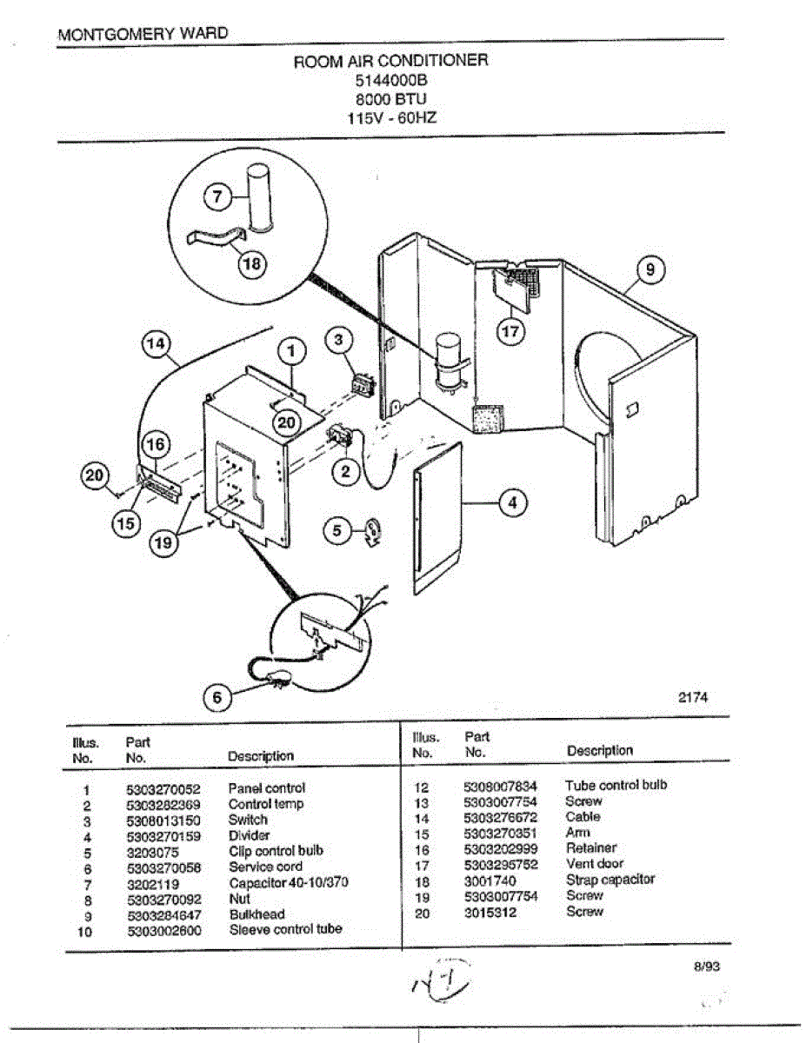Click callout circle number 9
click(x=651, y=270)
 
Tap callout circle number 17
click(x=511, y=330)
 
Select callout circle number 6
click(x=217, y=696)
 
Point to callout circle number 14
click(x=156, y=346)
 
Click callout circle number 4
click(x=513, y=502)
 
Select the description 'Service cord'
click(x=265, y=867)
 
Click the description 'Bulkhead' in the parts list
click(x=256, y=914)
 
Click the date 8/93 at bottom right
click(x=707, y=966)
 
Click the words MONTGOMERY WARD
click(x=143, y=34)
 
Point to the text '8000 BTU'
click(x=391, y=98)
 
